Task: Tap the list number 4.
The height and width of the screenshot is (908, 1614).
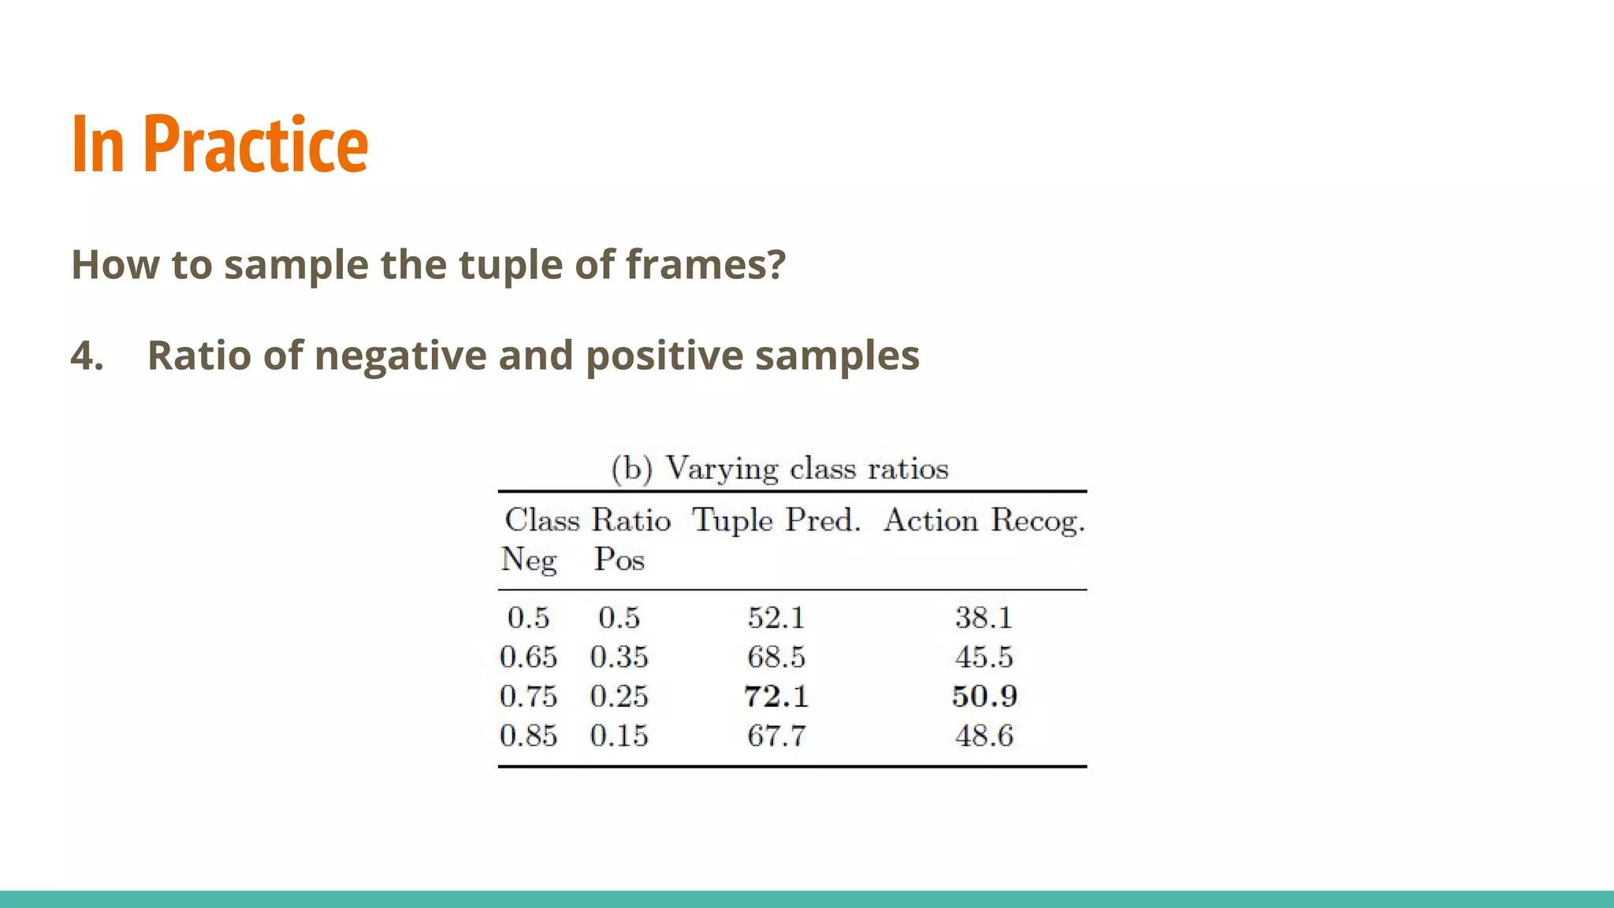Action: (x=87, y=355)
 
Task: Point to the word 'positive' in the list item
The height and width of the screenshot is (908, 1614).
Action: (x=664, y=355)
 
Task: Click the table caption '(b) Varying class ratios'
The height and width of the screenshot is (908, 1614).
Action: (x=779, y=469)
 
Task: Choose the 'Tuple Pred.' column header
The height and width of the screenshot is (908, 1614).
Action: (x=776, y=521)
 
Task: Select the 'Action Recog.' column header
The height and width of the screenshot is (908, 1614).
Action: (x=984, y=521)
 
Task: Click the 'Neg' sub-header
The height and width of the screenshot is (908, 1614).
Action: (x=529, y=560)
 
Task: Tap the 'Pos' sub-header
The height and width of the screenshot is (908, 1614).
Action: (x=619, y=560)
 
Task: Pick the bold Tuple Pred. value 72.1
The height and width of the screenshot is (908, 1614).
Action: (x=776, y=697)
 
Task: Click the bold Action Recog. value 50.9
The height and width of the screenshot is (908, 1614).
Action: (x=984, y=697)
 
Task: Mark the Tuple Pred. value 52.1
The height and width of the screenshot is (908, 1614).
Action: (x=776, y=618)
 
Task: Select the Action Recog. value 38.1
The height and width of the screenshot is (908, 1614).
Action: (x=984, y=618)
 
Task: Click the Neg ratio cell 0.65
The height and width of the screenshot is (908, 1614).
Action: (x=528, y=657)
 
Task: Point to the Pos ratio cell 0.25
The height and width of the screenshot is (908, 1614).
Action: (x=619, y=697)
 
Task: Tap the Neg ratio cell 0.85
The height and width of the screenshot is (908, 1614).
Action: (x=528, y=736)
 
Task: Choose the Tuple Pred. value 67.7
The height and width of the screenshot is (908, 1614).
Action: (x=776, y=736)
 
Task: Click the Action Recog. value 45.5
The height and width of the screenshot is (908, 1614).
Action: (x=984, y=657)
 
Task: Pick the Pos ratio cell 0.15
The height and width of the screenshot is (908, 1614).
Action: (x=619, y=736)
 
